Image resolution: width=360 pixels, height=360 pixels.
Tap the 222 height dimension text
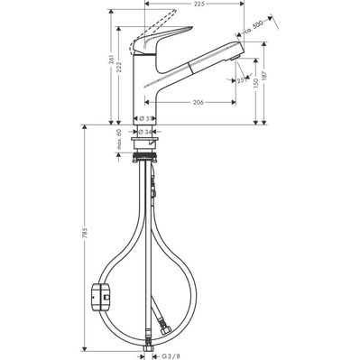125,78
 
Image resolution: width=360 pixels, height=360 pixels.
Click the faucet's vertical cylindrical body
146,90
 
